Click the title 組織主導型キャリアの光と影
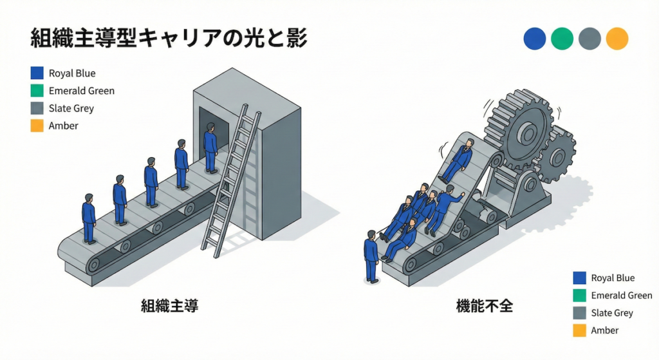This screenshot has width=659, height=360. (x=169, y=39)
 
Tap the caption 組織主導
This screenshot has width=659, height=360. (x=170, y=306)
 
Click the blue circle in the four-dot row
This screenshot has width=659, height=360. (x=535, y=39)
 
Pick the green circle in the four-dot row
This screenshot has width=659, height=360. (x=562, y=39)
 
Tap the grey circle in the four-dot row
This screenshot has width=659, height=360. (x=589, y=39)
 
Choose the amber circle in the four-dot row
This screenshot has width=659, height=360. (x=617, y=39)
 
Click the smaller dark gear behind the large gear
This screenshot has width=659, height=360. (x=558, y=155)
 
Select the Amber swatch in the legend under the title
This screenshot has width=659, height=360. (x=37, y=126)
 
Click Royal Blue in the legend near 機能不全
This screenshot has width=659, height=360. (x=612, y=278)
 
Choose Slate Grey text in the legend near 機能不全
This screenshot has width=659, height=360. (x=612, y=313)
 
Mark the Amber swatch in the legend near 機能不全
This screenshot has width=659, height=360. (x=579, y=330)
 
